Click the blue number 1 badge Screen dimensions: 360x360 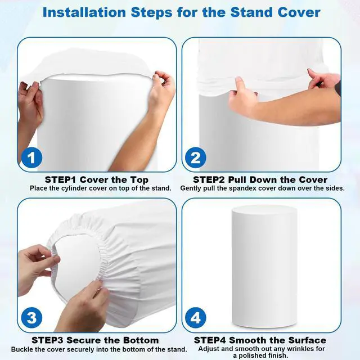[31, 157]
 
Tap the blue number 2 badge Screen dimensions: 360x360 [196, 157]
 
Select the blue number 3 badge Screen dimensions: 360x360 [31, 318]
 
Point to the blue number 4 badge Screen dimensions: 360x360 [196, 318]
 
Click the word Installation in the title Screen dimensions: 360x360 [84, 12]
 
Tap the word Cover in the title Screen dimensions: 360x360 [299, 12]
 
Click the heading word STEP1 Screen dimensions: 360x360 [61, 180]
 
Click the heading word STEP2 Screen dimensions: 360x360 [209, 180]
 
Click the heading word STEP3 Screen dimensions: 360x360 [47, 340]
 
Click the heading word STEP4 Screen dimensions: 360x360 [210, 340]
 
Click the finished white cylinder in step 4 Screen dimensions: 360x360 [264, 266]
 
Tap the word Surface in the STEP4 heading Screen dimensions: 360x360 [307, 340]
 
